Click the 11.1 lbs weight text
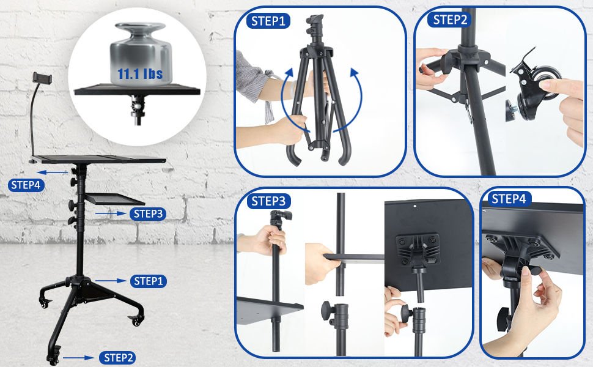tap(140, 75)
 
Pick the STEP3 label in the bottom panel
tap(269, 201)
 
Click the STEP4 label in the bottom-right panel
tap(509, 199)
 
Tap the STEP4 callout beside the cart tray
tap(26, 185)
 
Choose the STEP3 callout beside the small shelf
tap(147, 213)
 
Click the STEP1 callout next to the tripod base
tap(147, 281)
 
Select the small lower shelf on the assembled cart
tap(114, 199)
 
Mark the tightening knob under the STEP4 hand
tap(506, 317)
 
